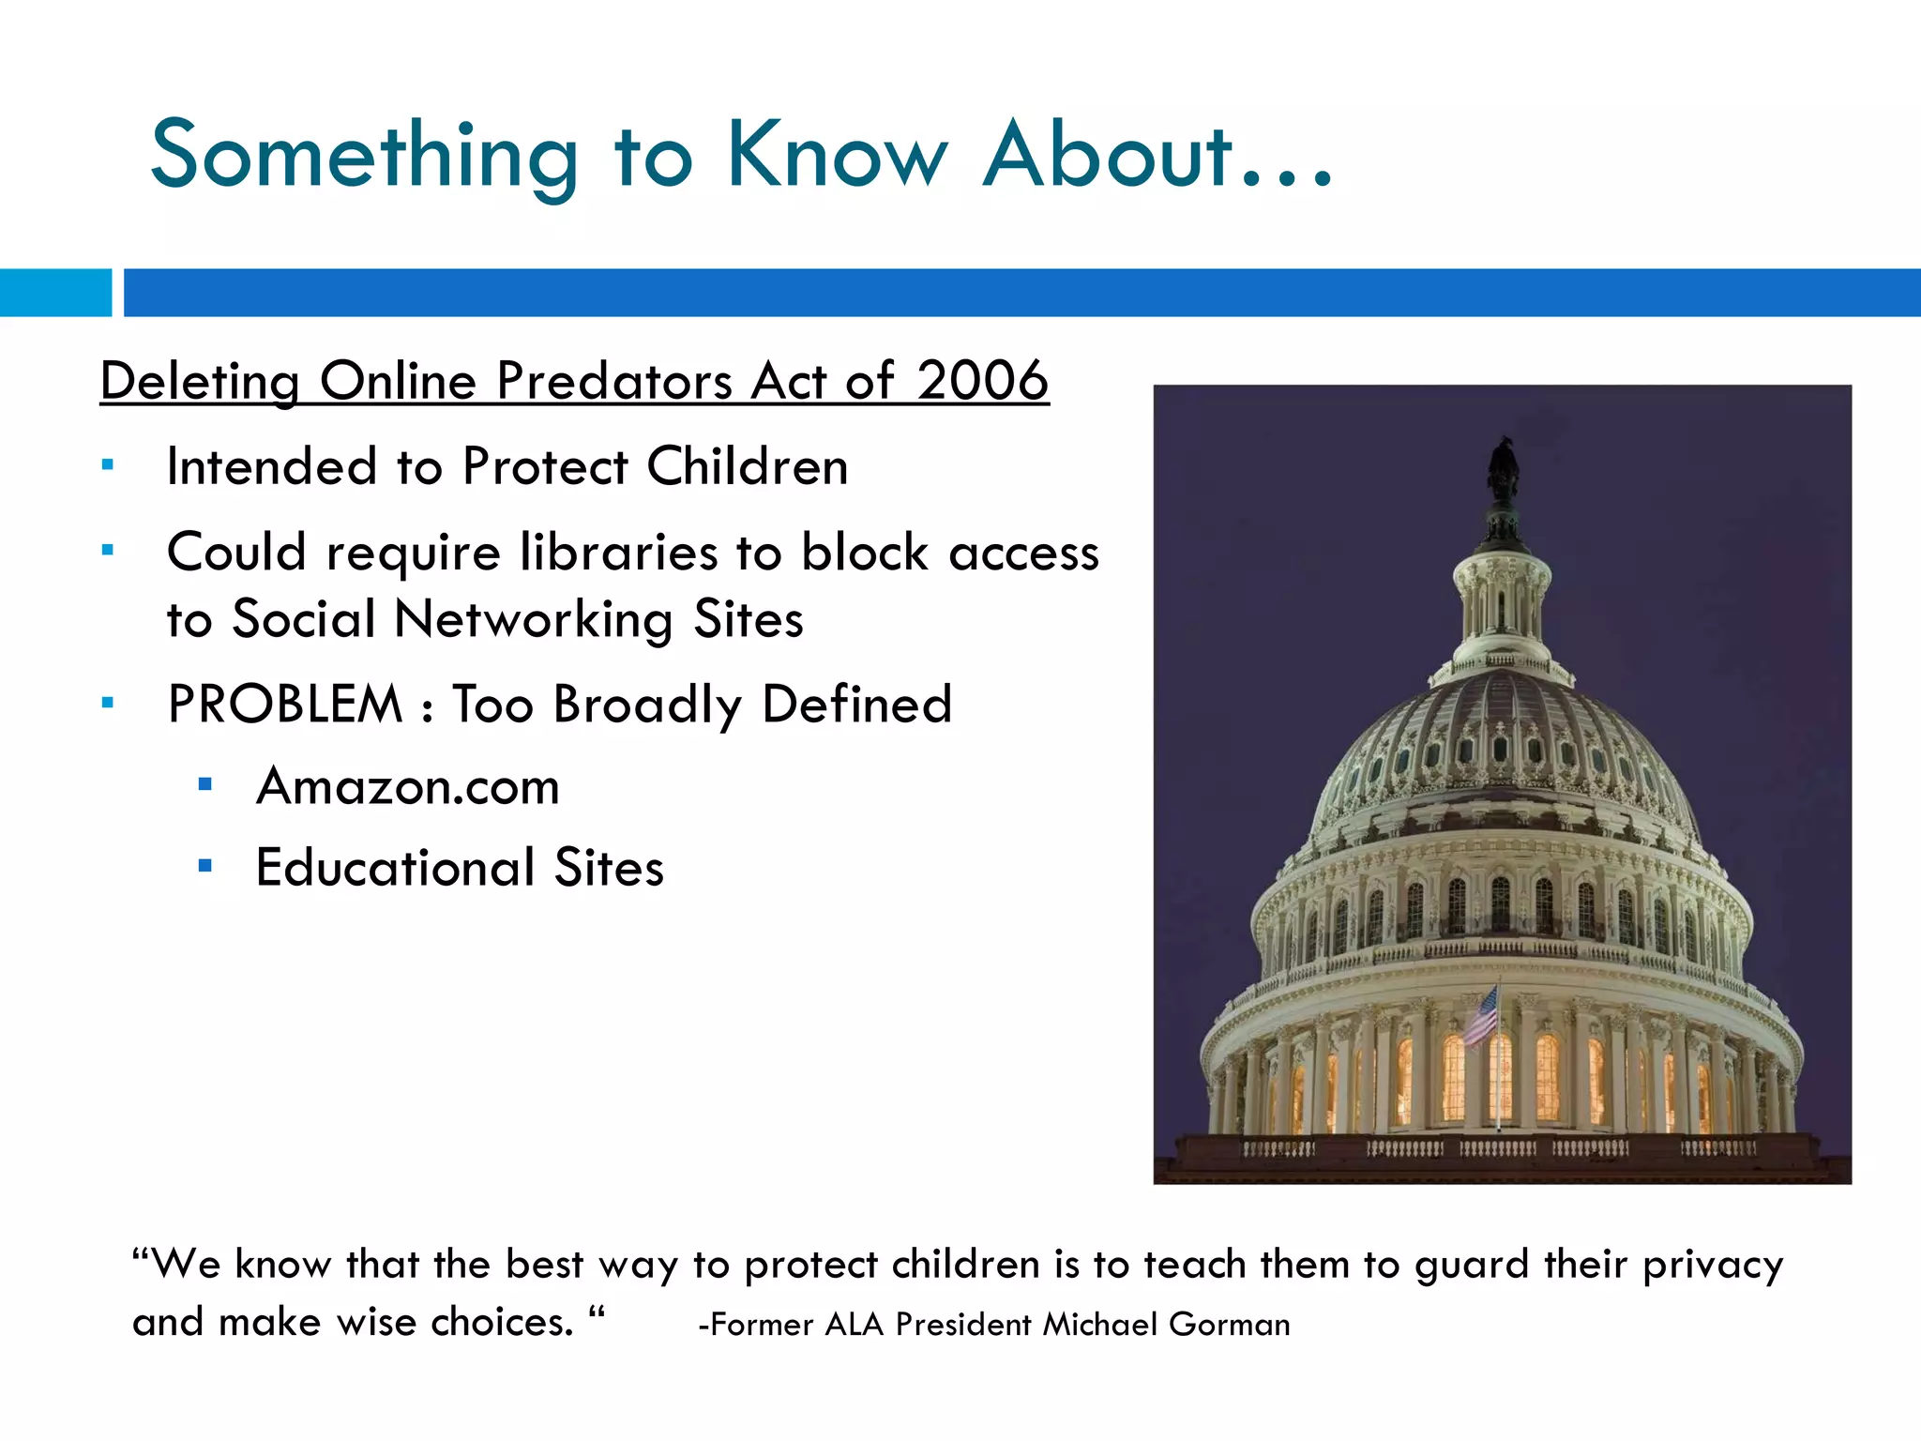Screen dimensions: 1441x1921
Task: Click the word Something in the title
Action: pos(364,156)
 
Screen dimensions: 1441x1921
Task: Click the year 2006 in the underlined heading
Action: pos(981,381)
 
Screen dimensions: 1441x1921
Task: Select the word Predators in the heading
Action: pos(614,381)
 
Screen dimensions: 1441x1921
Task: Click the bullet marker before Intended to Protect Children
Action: pos(108,465)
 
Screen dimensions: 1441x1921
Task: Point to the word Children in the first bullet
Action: pos(747,466)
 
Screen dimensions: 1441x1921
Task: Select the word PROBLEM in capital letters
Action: pos(284,704)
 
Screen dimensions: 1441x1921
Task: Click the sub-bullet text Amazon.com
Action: pos(407,786)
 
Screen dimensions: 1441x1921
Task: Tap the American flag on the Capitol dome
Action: pos(1482,1016)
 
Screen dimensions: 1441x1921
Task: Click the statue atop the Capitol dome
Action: pos(1504,469)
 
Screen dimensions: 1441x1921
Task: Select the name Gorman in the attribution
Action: pos(1229,1324)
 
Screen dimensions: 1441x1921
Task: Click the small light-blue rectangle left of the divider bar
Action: pos(54,293)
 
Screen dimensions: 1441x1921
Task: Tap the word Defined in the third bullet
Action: pos(855,704)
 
